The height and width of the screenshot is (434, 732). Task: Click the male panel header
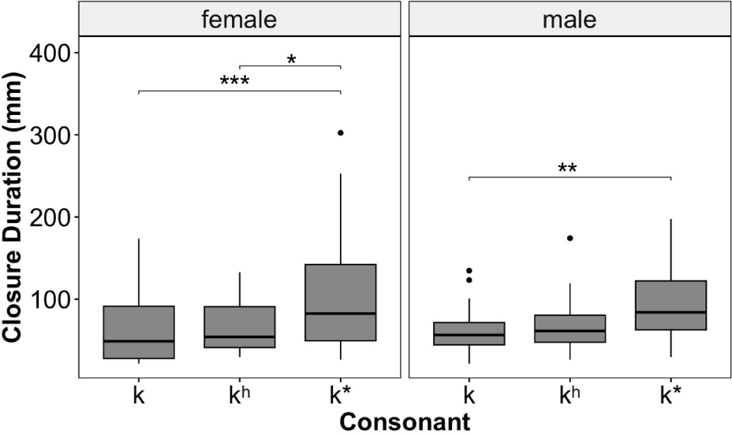point(570,19)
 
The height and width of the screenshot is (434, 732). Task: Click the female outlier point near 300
point(341,132)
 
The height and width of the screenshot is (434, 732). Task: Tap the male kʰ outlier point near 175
point(570,238)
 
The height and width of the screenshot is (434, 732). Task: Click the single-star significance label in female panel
point(291,59)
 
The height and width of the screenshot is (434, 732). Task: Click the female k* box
point(341,302)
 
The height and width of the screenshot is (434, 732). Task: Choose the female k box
point(139,332)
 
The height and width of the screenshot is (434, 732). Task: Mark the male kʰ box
point(570,328)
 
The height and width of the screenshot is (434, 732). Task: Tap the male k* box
point(670,305)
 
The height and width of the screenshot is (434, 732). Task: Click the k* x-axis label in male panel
point(670,395)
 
